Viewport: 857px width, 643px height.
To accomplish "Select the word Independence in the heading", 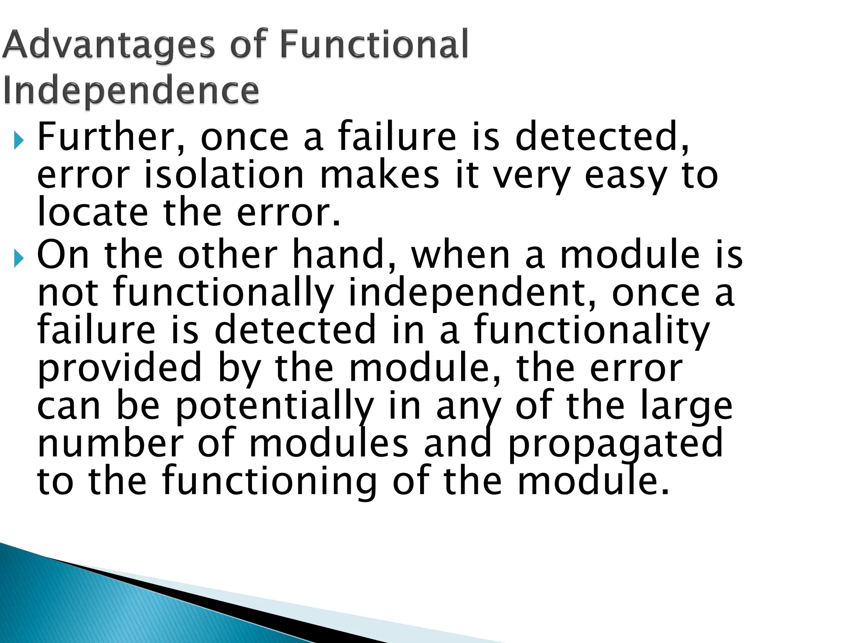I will [x=131, y=91].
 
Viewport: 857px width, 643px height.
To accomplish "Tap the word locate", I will [x=92, y=212].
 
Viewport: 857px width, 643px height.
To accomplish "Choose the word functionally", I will [x=223, y=293].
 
